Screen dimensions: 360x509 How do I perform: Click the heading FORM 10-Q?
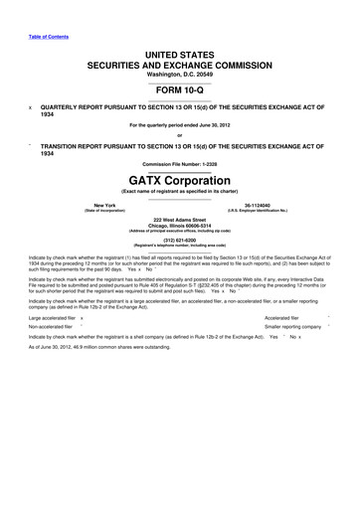[179, 85]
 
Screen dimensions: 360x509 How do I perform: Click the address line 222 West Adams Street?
[179, 220]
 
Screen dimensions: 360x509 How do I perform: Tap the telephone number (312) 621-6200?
[179, 240]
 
